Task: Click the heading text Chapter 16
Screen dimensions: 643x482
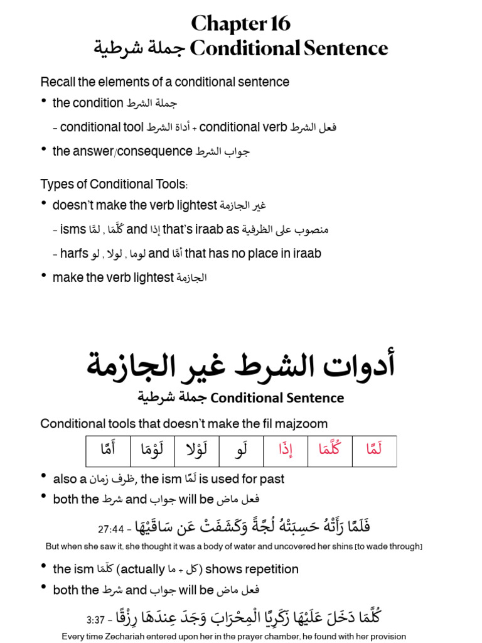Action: (240, 23)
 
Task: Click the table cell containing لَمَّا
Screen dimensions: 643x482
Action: (374, 450)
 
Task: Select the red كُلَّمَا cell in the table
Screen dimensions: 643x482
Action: (330, 450)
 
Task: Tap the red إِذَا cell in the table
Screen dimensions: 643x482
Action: (286, 450)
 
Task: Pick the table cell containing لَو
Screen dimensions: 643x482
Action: (241, 450)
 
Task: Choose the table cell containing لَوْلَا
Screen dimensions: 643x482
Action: (196, 450)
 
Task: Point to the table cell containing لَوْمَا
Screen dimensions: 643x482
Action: (152, 450)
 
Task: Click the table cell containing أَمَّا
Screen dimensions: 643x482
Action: (108, 450)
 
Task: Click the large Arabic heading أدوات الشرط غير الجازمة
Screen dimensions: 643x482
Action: (240, 366)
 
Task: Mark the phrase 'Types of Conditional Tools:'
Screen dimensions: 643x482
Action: (114, 184)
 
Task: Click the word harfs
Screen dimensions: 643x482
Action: (74, 254)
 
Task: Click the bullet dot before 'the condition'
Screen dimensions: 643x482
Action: (43, 101)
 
